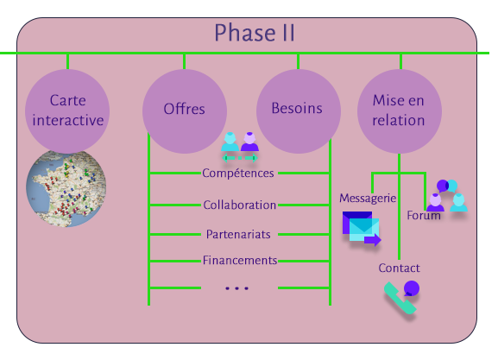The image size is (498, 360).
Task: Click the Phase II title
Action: tap(255, 33)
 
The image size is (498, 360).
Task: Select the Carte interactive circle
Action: tap(67, 111)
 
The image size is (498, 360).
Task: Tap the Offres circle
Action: tap(185, 111)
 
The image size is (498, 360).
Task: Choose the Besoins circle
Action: tap(299, 111)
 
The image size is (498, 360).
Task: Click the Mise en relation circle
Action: tap(400, 111)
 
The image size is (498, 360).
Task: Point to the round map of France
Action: tap(66, 189)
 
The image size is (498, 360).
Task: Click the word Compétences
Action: tap(238, 174)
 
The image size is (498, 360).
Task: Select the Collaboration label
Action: tap(239, 205)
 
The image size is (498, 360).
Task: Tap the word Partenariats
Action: tap(238, 234)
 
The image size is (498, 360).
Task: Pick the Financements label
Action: tap(240, 261)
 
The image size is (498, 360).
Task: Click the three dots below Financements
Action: tap(237, 288)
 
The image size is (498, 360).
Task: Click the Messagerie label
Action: tap(368, 199)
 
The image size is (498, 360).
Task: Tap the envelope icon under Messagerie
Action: tap(362, 229)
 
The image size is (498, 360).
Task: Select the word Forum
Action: tap(424, 216)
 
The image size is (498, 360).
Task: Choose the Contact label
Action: tap(399, 268)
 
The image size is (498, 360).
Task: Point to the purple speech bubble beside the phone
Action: tap(412, 288)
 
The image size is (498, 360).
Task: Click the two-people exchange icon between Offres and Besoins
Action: tap(240, 147)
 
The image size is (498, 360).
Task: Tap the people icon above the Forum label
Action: tap(447, 195)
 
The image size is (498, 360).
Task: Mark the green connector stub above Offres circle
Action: tap(184, 61)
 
